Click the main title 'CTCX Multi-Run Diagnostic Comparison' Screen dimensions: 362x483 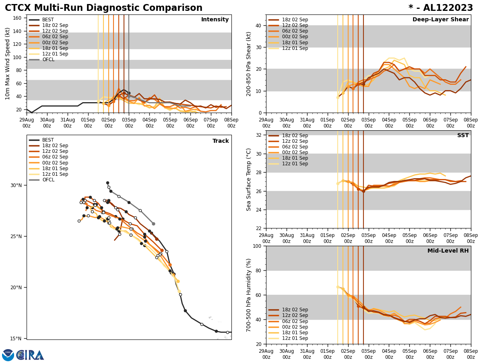pyautogui.click(x=103, y=8)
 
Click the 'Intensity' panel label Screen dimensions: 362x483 pyautogui.click(x=215, y=20)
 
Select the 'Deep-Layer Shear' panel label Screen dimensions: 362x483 pyautogui.click(x=440, y=20)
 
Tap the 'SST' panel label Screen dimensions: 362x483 pyautogui.click(x=463, y=136)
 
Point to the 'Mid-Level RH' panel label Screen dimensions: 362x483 pyautogui.click(x=448, y=251)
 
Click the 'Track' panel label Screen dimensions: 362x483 pyautogui.click(x=221, y=141)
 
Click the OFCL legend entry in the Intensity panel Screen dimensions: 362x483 pyautogui.click(x=48, y=60)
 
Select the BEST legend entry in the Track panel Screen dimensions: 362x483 pyautogui.click(x=48, y=140)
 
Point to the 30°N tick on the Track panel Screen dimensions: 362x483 pyautogui.click(x=16, y=185)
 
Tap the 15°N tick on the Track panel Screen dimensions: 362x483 pyautogui.click(x=16, y=339)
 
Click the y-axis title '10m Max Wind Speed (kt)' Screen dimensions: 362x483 pyautogui.click(x=8, y=64)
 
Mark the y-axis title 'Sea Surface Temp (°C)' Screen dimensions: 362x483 pyautogui.click(x=249, y=179)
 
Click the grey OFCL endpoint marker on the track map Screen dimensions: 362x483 pyautogui.click(x=153, y=224)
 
